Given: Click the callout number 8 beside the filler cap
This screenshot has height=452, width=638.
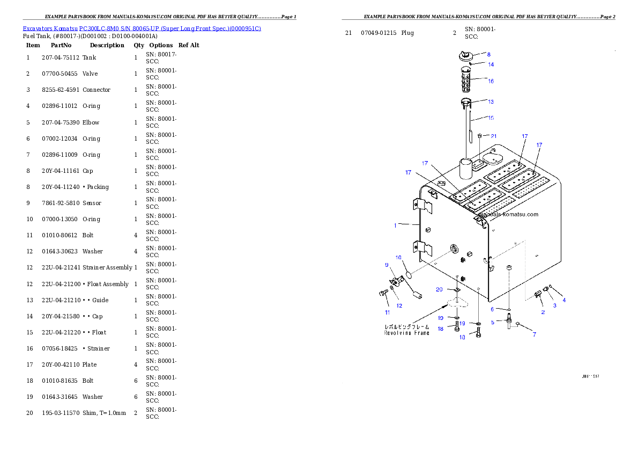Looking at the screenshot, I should click(x=488, y=54).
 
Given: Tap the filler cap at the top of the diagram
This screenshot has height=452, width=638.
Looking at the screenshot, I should click(x=465, y=55).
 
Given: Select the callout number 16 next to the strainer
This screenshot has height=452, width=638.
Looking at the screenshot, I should click(x=491, y=81).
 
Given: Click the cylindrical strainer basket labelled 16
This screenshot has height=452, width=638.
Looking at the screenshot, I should click(x=466, y=81).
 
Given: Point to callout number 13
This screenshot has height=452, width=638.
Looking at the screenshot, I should click(x=491, y=101).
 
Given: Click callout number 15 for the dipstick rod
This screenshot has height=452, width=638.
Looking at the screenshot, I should click(x=491, y=118).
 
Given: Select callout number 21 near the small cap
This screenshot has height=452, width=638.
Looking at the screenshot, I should click(x=493, y=136).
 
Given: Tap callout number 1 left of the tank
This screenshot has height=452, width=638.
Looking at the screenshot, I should click(x=396, y=225).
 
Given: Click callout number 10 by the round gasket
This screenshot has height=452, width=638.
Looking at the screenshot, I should click(x=398, y=258).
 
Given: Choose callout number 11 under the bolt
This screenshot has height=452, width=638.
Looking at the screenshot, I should click(x=387, y=312).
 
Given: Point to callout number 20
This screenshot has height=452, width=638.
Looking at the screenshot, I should click(x=439, y=290).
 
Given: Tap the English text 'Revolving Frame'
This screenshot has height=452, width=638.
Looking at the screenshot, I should click(x=406, y=333).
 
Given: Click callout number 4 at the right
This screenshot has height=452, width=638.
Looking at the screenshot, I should click(x=563, y=300).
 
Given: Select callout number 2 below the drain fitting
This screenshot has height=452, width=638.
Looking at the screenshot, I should click(x=543, y=312).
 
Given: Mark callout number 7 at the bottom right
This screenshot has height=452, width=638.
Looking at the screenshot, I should click(x=534, y=335).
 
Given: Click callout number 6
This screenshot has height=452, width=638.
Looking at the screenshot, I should click(x=492, y=309).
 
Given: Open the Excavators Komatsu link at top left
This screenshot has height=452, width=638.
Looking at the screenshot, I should click(x=142, y=28).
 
